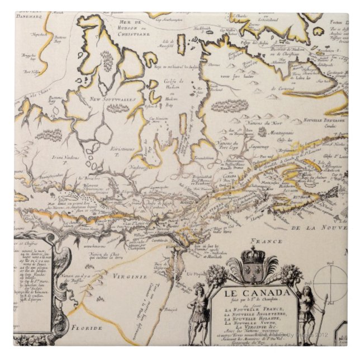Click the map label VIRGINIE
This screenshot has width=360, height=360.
click(x=131, y=276)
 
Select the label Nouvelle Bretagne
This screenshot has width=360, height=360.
click(x=324, y=120)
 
